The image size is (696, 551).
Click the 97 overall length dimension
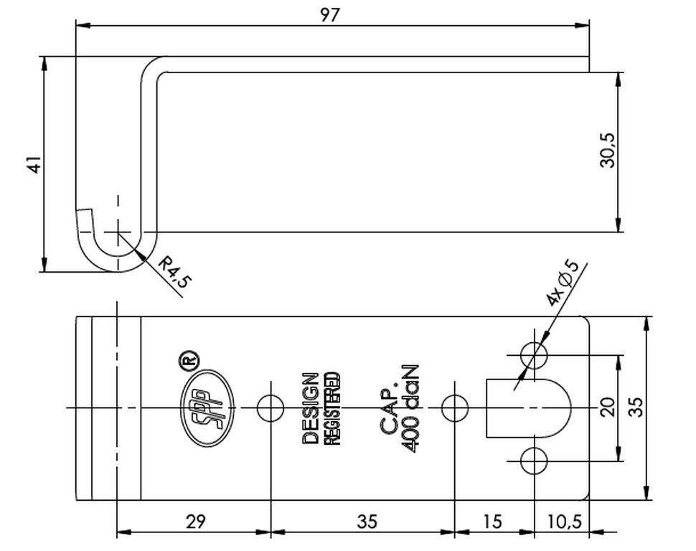pyautogui.click(x=329, y=15)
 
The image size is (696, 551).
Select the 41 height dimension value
pyautogui.click(x=34, y=164)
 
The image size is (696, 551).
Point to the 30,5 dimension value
pyautogui.click(x=607, y=151)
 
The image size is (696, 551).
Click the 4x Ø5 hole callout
pyautogui.click(x=563, y=283)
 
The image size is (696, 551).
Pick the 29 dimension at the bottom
pyautogui.click(x=196, y=522)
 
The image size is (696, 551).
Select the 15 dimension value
pyautogui.click(x=492, y=522)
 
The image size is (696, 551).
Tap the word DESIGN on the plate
pyautogui.click(x=310, y=408)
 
